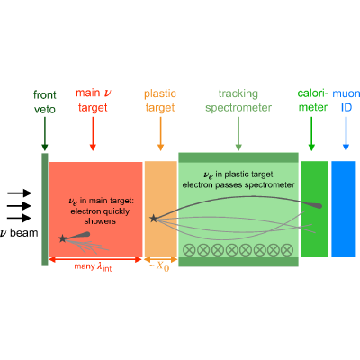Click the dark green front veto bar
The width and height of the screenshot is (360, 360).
[45, 209]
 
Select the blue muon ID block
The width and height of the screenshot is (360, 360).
[344, 209]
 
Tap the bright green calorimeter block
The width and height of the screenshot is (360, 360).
[314, 209]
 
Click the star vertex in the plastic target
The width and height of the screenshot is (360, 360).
[154, 219]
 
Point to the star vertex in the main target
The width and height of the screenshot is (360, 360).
[62, 238]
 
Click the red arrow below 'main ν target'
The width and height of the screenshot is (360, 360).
[93, 134]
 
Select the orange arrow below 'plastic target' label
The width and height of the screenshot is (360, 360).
[160, 134]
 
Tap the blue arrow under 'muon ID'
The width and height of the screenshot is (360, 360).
[346, 134]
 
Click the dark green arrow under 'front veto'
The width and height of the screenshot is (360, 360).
[45, 134]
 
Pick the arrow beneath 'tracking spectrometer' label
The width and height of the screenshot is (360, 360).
[238, 134]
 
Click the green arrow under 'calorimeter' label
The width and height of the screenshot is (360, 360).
[311, 134]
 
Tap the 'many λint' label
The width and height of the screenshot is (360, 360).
[93, 266]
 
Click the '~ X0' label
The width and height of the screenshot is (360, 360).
[159, 266]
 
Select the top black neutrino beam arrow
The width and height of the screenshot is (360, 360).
[20, 193]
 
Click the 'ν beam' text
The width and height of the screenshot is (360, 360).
[19, 233]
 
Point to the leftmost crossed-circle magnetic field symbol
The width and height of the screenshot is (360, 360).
[189, 250]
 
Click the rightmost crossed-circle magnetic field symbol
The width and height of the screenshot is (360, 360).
[287, 250]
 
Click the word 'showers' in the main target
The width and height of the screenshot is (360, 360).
[100, 221]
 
